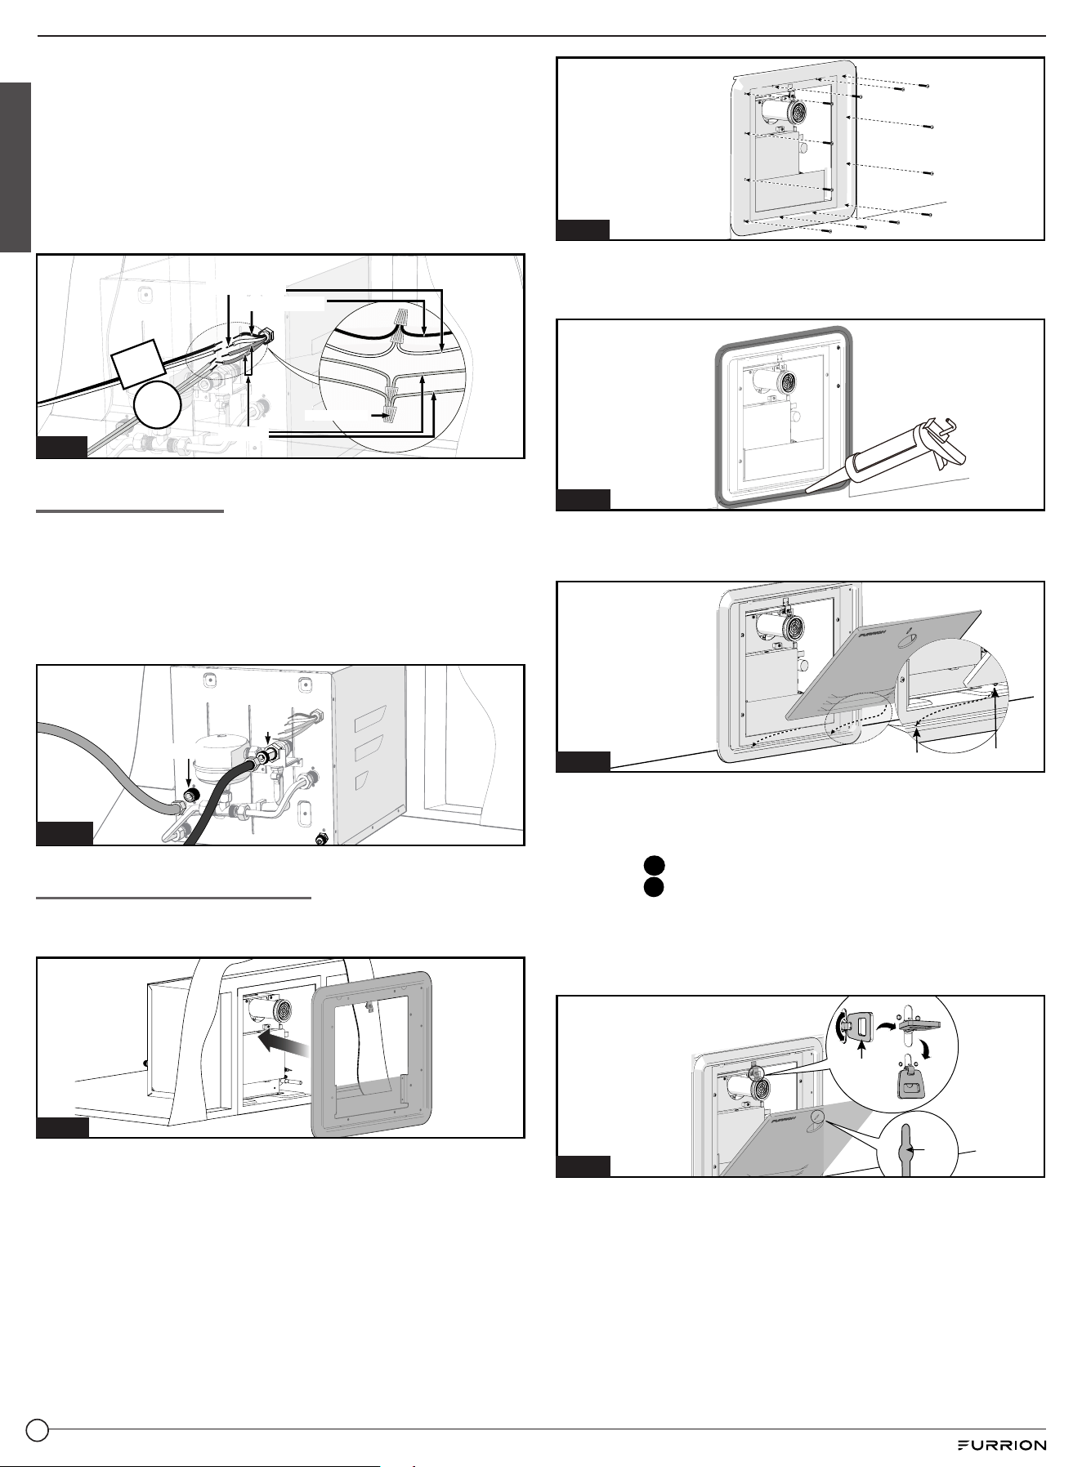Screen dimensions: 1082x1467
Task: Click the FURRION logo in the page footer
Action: tap(1002, 1445)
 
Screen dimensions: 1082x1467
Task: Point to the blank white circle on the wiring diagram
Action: tap(157, 405)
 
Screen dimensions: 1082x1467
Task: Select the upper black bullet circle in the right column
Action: tap(651, 866)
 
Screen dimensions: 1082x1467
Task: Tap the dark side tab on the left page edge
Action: tap(16, 167)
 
